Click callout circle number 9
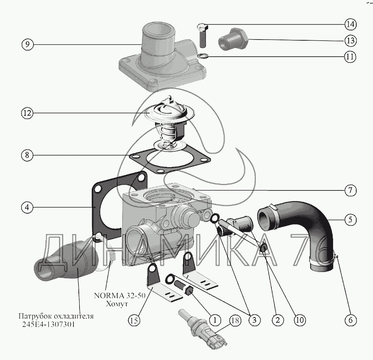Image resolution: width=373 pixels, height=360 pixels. pyautogui.click(x=28, y=44)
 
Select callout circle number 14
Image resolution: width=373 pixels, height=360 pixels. pyautogui.click(x=351, y=25)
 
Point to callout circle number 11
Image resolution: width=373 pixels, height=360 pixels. pyautogui.click(x=351, y=57)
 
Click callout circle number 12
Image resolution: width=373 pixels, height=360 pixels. pyautogui.click(x=28, y=113)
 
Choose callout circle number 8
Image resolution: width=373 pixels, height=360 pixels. pyautogui.click(x=28, y=155)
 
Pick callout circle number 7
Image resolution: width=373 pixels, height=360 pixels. pyautogui.click(x=351, y=190)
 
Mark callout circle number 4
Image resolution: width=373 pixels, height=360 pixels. pyautogui.click(x=28, y=208)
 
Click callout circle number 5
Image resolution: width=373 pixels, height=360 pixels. pyautogui.click(x=351, y=219)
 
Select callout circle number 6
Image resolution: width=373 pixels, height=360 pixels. pyautogui.click(x=351, y=320)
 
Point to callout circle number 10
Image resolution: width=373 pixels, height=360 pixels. pyautogui.click(x=300, y=320)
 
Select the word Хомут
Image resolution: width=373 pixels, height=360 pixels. pyautogui.click(x=117, y=304)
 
